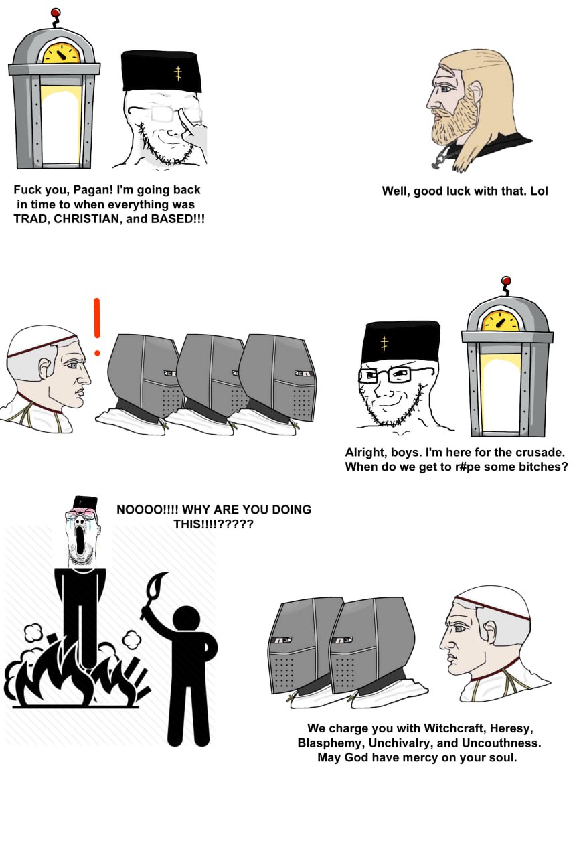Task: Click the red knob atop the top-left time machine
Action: click(x=56, y=13)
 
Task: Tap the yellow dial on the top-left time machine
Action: click(x=61, y=53)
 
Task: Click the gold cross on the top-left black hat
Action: click(x=177, y=73)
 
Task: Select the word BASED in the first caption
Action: click(x=171, y=219)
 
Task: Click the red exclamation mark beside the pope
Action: click(x=97, y=327)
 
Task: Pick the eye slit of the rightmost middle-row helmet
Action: click(x=303, y=373)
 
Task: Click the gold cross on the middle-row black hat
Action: click(x=384, y=343)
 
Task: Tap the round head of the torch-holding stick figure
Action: click(x=186, y=620)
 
